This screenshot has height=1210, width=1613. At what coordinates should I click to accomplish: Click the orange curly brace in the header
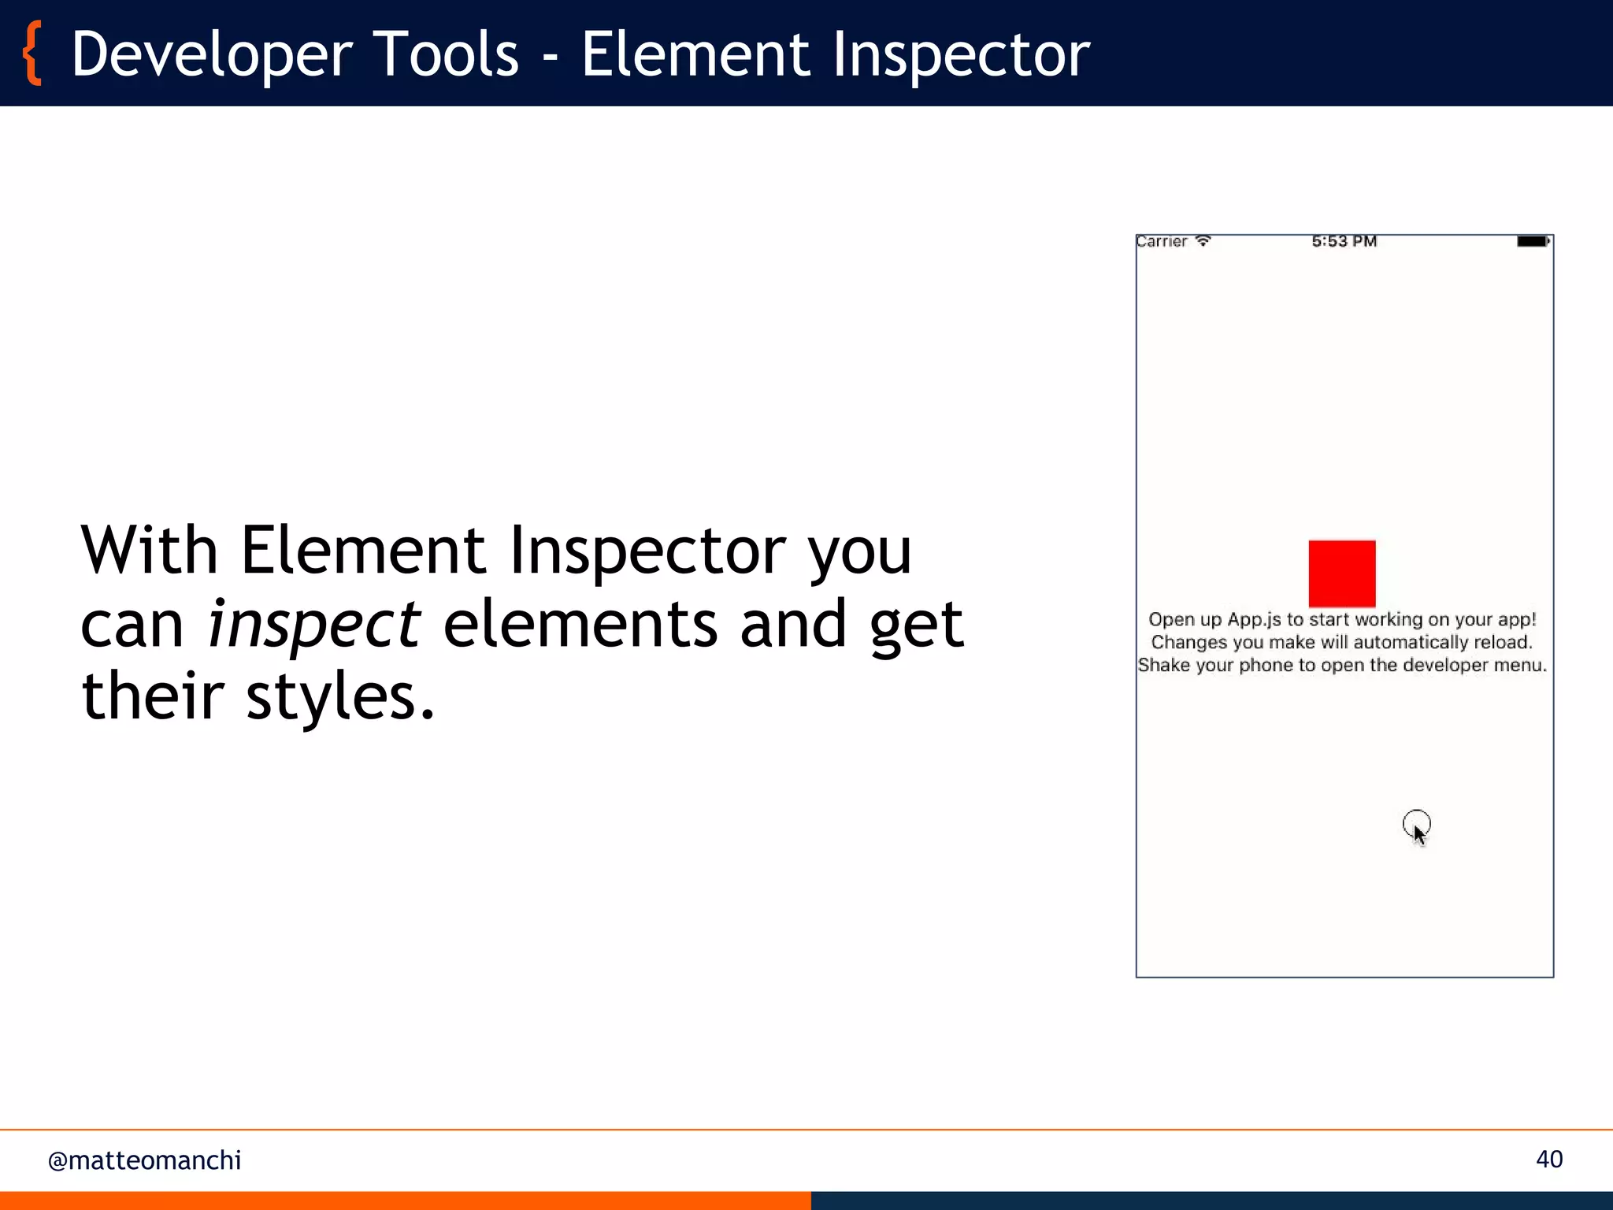click(x=32, y=54)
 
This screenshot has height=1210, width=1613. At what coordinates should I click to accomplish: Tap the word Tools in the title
click(x=446, y=54)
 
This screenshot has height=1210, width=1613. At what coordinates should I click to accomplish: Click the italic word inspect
click(x=313, y=625)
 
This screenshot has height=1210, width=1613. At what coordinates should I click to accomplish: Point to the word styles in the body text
click(x=339, y=696)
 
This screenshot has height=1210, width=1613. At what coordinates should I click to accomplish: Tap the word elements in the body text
click(x=580, y=624)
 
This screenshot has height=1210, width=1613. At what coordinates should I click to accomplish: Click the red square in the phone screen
click(x=1342, y=573)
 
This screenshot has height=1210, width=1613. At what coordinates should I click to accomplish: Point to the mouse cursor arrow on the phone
click(x=1418, y=833)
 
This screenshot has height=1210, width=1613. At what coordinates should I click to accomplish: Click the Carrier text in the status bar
click(x=1161, y=242)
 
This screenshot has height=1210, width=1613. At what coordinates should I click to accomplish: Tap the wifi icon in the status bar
click(x=1203, y=241)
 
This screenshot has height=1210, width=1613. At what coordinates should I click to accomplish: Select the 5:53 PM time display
click(x=1344, y=242)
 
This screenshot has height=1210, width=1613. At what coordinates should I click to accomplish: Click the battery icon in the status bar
click(x=1533, y=242)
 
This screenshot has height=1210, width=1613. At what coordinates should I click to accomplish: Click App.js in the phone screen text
click(x=1255, y=620)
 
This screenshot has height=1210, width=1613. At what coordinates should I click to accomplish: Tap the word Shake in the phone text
click(x=1164, y=666)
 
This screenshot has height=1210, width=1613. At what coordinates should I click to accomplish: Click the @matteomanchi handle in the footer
click(x=144, y=1160)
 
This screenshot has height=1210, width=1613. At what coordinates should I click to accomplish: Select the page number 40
click(x=1549, y=1160)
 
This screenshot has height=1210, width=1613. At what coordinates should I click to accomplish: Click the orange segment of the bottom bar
click(x=405, y=1201)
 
